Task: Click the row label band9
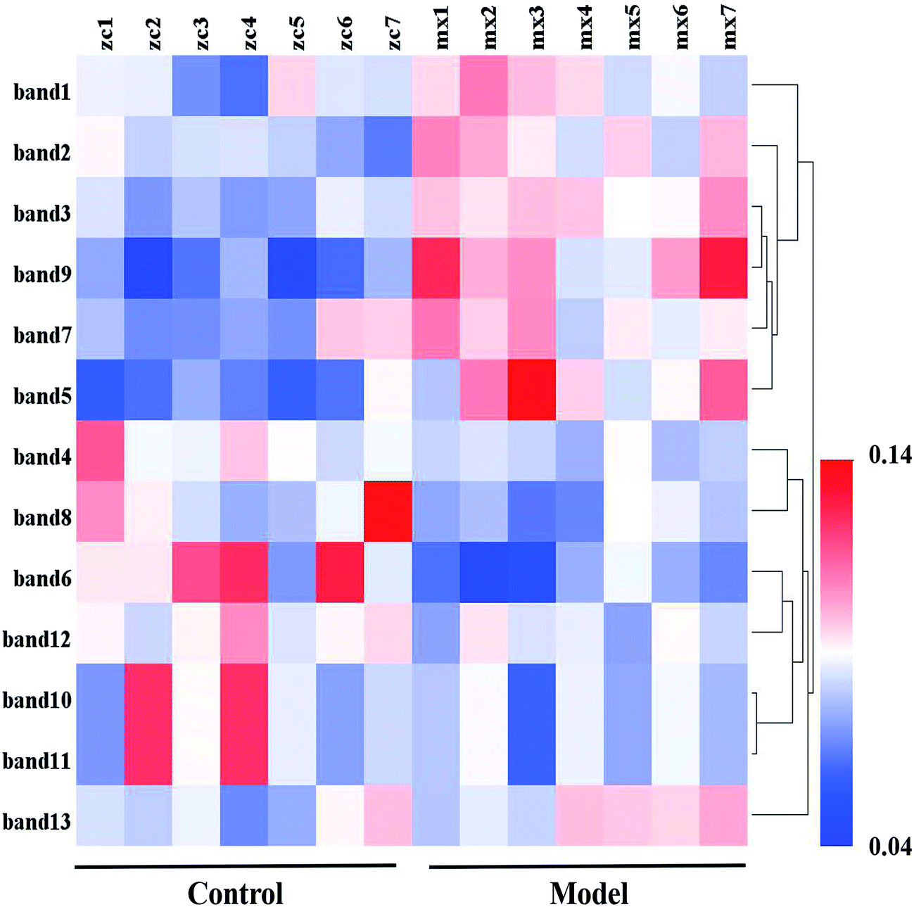pos(42,274)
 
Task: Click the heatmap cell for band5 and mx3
pos(532,390)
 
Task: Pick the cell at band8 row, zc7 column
pos(388,512)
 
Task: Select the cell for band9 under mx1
pos(436,268)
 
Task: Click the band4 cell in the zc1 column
pos(101,451)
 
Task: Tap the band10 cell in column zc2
pos(148,694)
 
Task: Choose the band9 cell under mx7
pos(723,268)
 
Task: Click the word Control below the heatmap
pos(235,894)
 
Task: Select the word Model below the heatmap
pos(589,894)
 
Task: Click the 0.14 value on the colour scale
pos(889,455)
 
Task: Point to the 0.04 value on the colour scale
pos(889,846)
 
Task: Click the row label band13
pos(37,822)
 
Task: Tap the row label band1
pos(42,91)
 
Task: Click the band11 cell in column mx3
pos(532,755)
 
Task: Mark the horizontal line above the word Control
pos(235,866)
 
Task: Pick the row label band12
pos(37,640)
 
